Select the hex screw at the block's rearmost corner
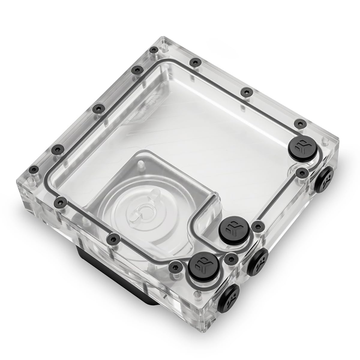tap(154, 50)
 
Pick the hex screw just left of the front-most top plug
tap(174, 265)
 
